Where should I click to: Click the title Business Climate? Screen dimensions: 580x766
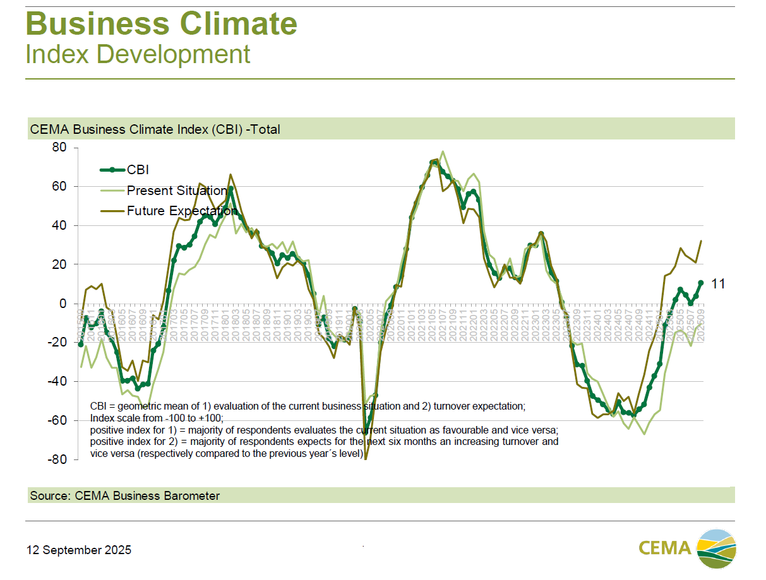(x=161, y=24)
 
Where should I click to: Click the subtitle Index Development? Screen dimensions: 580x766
(x=138, y=54)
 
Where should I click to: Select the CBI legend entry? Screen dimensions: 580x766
(x=138, y=169)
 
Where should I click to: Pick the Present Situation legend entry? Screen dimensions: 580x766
(x=176, y=191)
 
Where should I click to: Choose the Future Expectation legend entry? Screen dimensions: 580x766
(x=182, y=211)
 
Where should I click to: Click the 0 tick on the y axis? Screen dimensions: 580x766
(x=63, y=304)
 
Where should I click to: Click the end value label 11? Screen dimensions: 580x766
(x=718, y=285)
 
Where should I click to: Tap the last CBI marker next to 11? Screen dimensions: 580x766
(x=700, y=283)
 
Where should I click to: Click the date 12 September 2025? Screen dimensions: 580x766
(x=79, y=550)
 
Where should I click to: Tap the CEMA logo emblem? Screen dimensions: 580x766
(x=716, y=546)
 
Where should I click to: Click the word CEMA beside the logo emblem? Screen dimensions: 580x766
(x=664, y=547)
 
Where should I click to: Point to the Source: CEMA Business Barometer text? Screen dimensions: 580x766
(x=125, y=496)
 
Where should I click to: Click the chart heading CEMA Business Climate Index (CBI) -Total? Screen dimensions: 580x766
(x=155, y=129)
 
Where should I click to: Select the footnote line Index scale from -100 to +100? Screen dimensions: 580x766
(x=157, y=418)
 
